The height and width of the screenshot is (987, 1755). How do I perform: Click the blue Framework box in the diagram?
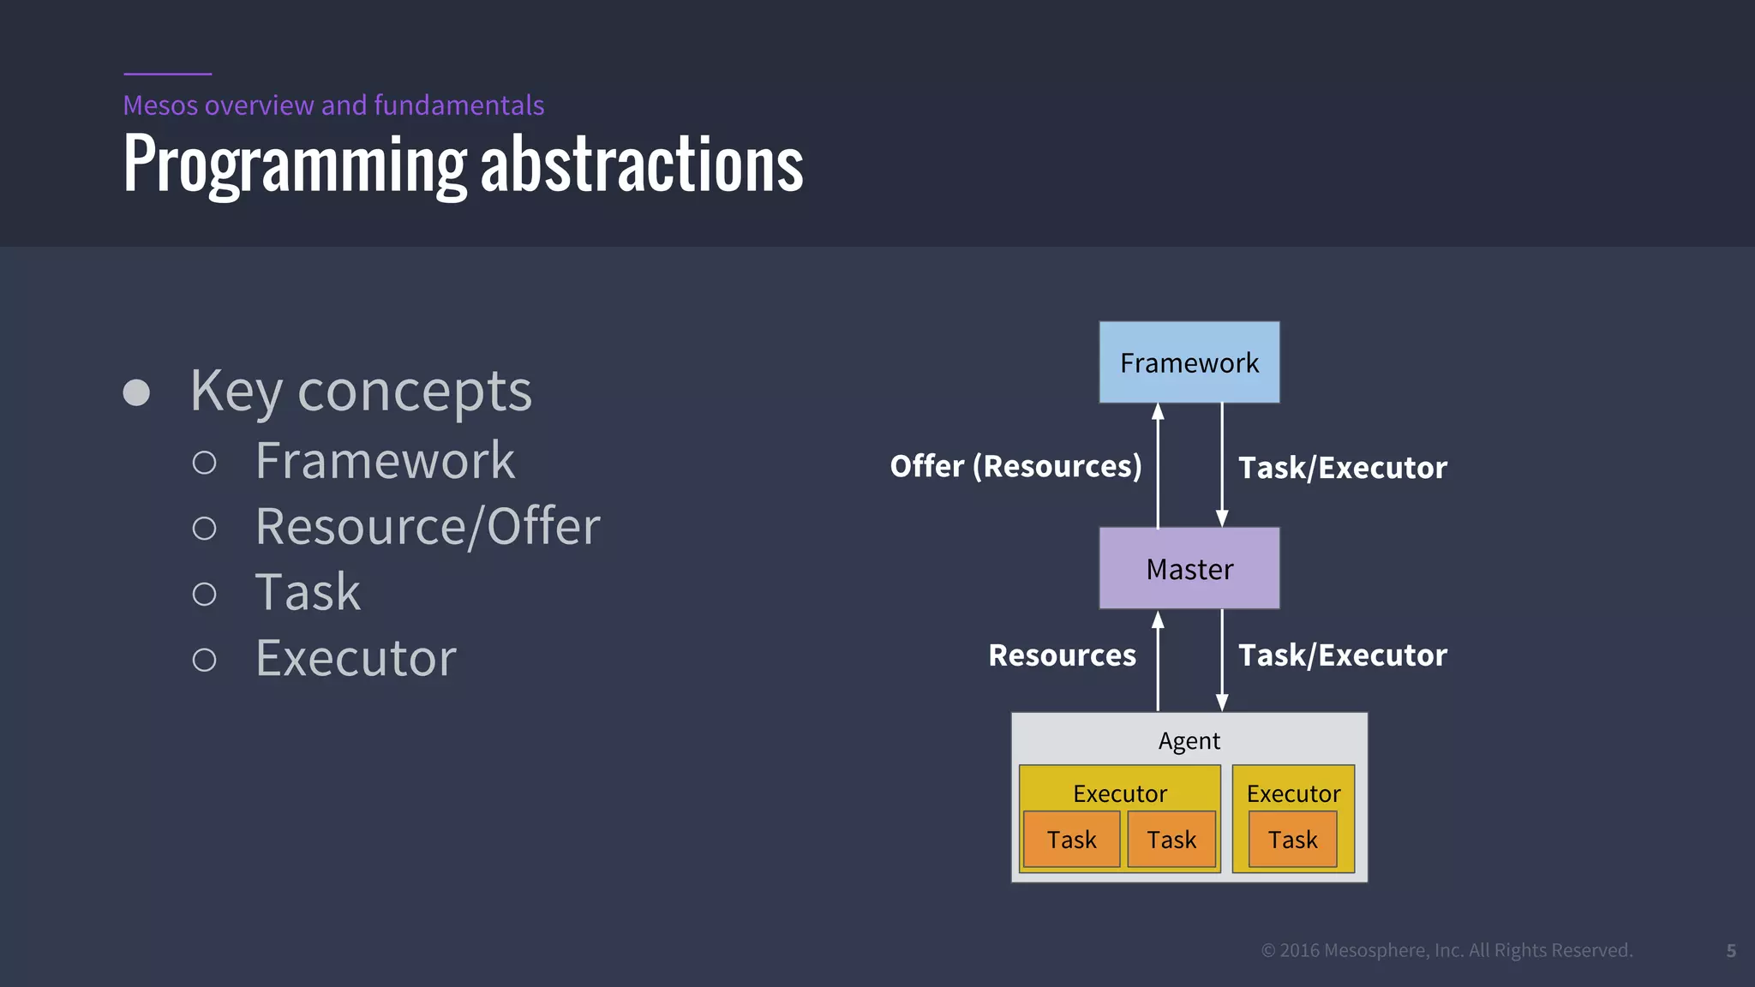point(1189,362)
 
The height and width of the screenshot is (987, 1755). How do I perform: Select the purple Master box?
point(1189,569)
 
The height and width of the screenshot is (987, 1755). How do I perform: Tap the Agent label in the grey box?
point(1189,740)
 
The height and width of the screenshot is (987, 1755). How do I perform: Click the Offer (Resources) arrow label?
point(1015,466)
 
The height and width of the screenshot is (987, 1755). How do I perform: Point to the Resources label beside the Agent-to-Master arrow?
point(1062,655)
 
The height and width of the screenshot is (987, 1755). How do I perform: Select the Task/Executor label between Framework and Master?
point(1342,468)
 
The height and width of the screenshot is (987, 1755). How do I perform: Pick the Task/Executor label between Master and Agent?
point(1342,655)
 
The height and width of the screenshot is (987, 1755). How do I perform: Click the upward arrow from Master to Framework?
point(1158,467)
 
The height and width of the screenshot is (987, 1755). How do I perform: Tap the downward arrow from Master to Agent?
point(1222,660)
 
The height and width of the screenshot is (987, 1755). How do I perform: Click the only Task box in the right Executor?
point(1292,840)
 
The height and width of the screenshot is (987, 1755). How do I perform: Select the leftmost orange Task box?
point(1071,840)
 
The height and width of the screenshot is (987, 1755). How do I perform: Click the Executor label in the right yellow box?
point(1293,793)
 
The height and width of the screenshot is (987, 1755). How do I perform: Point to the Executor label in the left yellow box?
point(1119,793)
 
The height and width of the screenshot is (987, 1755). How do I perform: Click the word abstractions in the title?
point(641,164)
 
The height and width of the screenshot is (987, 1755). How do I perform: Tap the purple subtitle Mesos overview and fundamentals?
point(333,105)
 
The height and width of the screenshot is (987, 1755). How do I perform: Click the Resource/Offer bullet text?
point(428,526)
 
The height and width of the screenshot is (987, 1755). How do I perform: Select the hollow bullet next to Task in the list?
point(204,594)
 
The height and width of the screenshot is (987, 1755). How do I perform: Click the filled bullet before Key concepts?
point(136,392)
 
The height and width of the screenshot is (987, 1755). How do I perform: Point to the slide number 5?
point(1730,951)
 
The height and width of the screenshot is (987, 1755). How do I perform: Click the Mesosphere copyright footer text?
point(1447,950)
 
